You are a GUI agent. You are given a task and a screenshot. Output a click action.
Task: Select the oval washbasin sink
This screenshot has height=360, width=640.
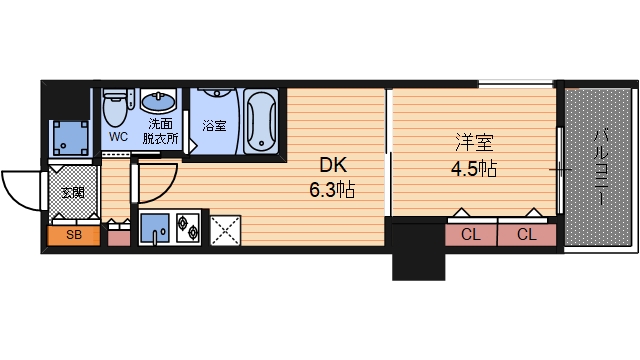click(158, 101)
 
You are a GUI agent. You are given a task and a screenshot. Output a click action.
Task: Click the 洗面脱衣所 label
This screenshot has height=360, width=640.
click(160, 130)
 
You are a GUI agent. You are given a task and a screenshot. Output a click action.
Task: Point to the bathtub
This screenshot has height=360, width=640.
click(263, 122)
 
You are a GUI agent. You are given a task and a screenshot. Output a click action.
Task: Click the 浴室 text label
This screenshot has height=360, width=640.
click(214, 127)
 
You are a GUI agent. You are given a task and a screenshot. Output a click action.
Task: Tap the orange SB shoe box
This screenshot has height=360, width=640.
click(74, 235)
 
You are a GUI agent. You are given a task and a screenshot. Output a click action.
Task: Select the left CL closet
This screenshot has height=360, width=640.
click(470, 235)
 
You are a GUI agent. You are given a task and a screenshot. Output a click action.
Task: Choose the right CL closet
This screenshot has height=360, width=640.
click(526, 235)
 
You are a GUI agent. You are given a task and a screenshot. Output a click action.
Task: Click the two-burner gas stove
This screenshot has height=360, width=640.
click(187, 228)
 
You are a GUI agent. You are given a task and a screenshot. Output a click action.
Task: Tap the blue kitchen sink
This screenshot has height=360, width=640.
click(156, 228)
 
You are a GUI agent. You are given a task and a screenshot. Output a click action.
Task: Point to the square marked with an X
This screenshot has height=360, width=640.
click(226, 228)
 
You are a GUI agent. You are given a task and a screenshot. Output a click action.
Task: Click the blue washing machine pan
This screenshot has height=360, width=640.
click(71, 137)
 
